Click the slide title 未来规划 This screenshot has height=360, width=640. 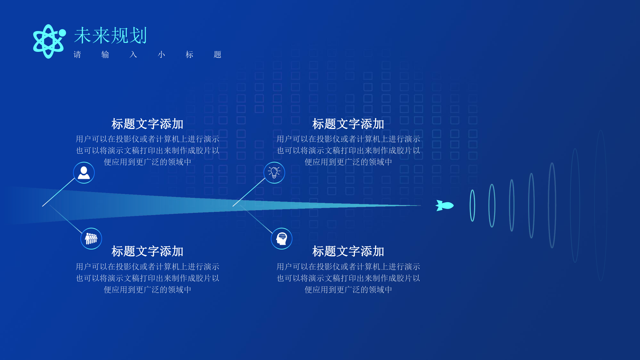click(x=110, y=35)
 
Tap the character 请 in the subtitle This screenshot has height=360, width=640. click(x=77, y=54)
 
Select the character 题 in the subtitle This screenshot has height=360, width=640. click(x=218, y=54)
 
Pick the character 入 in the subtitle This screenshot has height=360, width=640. click(x=133, y=54)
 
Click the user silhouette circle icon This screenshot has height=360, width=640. click(x=84, y=173)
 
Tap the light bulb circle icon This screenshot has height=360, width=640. click(x=274, y=173)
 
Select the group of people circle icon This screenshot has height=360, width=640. click(x=91, y=238)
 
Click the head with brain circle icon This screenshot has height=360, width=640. click(x=282, y=238)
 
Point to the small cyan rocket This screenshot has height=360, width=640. click(x=445, y=205)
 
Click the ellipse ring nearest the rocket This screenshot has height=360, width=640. click(x=470, y=205)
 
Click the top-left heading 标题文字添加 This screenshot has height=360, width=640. click(x=147, y=124)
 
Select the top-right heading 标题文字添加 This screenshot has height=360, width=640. click(x=348, y=124)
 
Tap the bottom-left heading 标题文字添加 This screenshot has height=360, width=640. click(x=147, y=251)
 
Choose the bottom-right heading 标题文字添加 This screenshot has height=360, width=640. click(x=348, y=251)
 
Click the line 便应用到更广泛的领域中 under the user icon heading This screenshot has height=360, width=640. click(x=148, y=162)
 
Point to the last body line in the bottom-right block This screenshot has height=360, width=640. click(x=348, y=290)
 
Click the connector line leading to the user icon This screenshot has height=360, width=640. click(x=59, y=192)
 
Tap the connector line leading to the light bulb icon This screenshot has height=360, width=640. click(x=249, y=192)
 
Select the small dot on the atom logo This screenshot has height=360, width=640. click(x=62, y=33)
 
